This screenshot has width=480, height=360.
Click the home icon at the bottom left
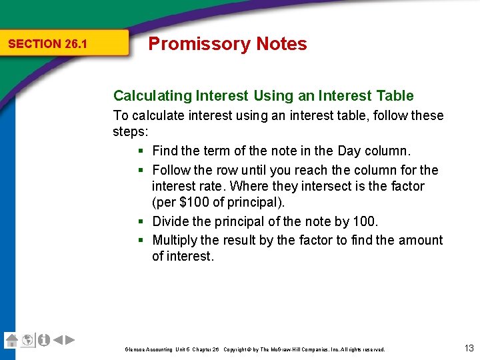11,340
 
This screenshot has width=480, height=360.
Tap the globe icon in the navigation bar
27,340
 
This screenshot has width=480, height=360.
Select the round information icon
43,340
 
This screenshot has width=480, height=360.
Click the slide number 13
468,347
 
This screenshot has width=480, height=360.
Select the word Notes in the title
280,44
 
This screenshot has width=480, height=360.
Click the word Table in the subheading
394,96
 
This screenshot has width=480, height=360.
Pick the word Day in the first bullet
349,151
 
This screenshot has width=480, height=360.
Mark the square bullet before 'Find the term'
142,151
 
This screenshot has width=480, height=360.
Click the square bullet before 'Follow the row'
142,170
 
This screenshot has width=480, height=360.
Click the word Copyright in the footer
238,349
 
